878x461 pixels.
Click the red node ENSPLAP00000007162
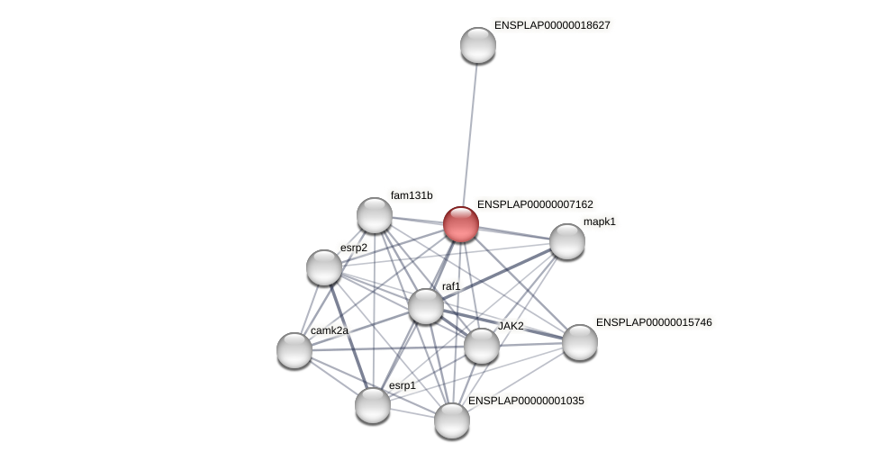coord(461,224)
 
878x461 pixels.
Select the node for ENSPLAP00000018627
coord(478,45)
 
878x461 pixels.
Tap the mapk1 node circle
coord(567,241)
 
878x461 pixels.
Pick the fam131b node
coord(375,215)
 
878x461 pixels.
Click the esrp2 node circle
coord(324,267)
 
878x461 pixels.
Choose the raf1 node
coord(426,306)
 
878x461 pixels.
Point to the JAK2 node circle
coord(482,346)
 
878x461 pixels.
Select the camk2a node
coord(294,350)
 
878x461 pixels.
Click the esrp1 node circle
coord(373,405)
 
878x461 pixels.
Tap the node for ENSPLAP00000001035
coord(452,420)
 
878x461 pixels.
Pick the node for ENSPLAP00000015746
coord(580,342)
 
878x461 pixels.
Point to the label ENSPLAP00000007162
coord(535,204)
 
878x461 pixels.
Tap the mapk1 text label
coord(599,221)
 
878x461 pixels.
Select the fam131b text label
coord(412,195)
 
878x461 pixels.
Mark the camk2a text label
coord(329,330)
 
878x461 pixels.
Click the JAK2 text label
coord(511,326)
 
